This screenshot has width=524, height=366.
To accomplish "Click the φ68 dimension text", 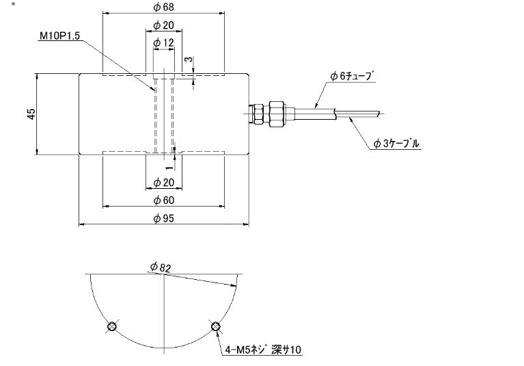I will tap(163, 8).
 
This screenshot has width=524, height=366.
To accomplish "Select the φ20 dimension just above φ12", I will tap(163, 25).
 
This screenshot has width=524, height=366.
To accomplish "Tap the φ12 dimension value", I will tap(163, 43).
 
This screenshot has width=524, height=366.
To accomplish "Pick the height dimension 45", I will tap(31, 114).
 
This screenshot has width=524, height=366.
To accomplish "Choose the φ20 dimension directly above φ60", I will tap(163, 182).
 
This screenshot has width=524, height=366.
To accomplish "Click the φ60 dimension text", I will tap(163, 200).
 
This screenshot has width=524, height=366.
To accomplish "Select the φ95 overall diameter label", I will tap(163, 219).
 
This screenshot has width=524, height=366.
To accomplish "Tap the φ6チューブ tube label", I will tap(352, 75).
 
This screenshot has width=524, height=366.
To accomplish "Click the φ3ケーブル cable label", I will tap(397, 144).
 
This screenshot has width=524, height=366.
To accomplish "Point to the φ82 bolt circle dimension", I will tap(161, 267).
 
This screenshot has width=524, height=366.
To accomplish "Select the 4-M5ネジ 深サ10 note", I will tap(263, 350).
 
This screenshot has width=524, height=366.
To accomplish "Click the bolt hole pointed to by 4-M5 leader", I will tap(215, 326).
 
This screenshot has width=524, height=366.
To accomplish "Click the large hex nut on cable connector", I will tap(276, 114).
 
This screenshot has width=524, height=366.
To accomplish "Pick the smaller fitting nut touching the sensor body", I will tap(258, 114).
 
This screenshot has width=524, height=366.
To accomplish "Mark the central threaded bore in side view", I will tap(164, 114).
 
